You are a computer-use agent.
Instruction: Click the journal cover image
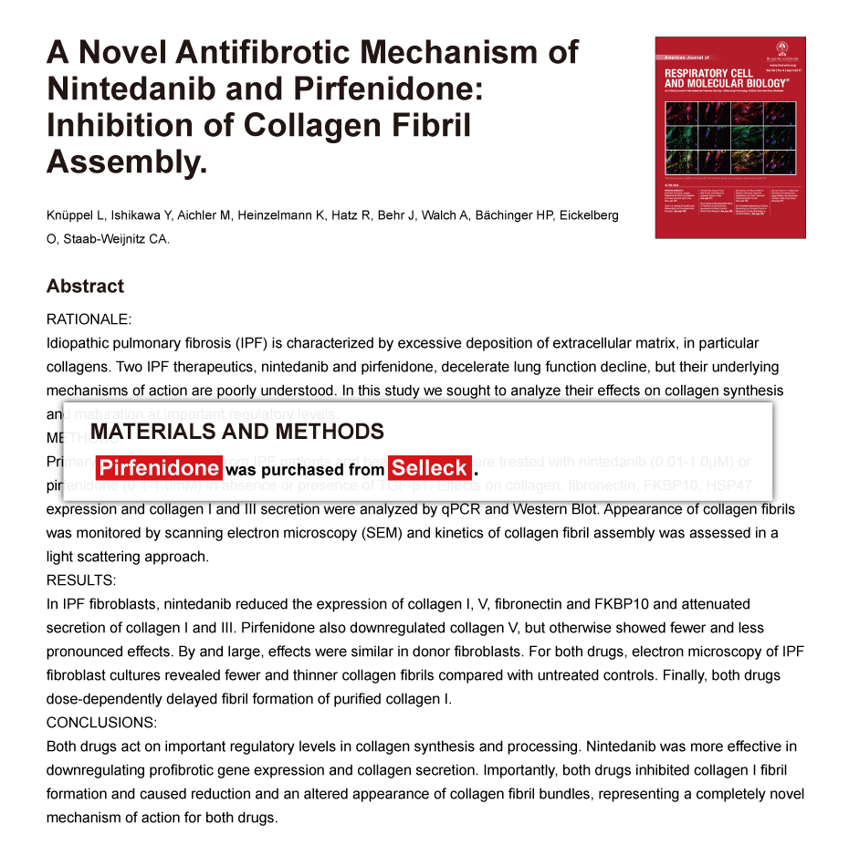(729, 137)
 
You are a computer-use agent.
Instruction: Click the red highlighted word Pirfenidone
(159, 469)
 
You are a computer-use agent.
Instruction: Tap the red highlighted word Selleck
(429, 469)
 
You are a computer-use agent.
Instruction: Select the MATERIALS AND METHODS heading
(237, 432)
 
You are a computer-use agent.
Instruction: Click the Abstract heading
(85, 287)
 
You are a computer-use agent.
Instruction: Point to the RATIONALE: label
(89, 319)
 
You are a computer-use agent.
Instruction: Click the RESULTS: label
(81, 580)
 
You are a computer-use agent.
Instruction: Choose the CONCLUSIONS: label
(101, 723)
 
